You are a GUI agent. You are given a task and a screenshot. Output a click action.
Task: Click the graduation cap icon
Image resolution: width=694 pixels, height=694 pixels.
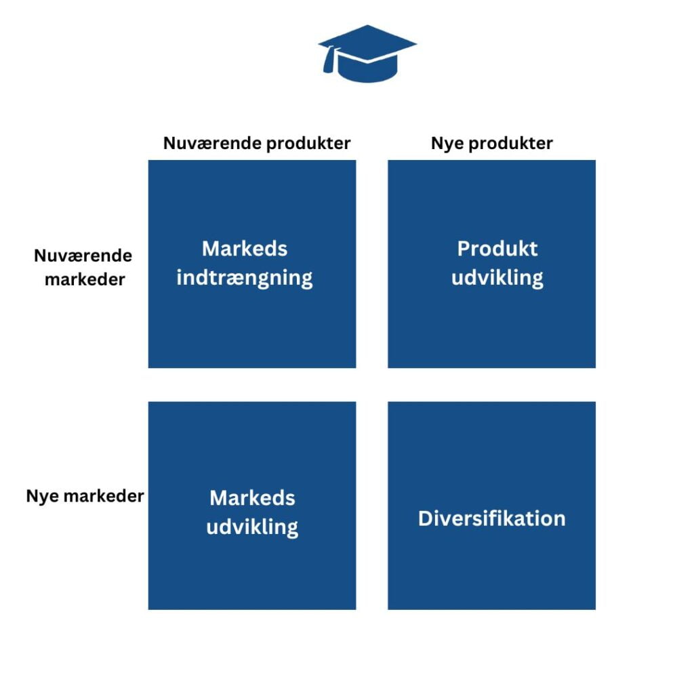(x=367, y=54)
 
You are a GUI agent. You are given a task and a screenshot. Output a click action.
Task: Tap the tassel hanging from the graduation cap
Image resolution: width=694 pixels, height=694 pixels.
(x=329, y=62)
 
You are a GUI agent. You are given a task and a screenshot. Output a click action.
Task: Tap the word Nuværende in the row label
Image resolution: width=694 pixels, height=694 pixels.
(x=83, y=256)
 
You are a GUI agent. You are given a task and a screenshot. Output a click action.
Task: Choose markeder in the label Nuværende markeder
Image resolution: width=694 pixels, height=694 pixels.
(x=85, y=279)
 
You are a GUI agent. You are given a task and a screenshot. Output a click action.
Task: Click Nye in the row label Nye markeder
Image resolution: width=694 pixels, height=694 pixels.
(x=40, y=495)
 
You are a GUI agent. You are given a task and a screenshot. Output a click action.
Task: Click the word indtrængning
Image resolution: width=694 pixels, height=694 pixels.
(x=245, y=278)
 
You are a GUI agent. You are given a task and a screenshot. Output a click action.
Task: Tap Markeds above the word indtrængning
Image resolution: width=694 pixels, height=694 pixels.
(x=245, y=249)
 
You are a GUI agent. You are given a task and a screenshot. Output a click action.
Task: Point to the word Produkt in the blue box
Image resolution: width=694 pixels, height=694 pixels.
(x=497, y=249)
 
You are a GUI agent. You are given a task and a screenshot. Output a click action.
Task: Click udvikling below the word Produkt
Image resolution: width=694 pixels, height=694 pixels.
(x=497, y=278)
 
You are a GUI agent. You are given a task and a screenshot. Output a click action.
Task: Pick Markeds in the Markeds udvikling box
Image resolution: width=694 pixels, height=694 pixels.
(x=252, y=498)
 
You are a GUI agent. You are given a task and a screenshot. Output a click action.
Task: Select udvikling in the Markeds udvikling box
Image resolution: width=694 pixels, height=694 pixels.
(x=252, y=527)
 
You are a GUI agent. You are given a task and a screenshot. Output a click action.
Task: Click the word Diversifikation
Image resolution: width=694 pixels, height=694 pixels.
(x=491, y=518)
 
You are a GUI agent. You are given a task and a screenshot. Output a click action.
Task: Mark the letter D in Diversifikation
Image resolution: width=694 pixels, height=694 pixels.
(x=425, y=518)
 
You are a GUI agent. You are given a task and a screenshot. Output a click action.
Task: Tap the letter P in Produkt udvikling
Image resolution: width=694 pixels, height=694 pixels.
(x=464, y=249)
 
